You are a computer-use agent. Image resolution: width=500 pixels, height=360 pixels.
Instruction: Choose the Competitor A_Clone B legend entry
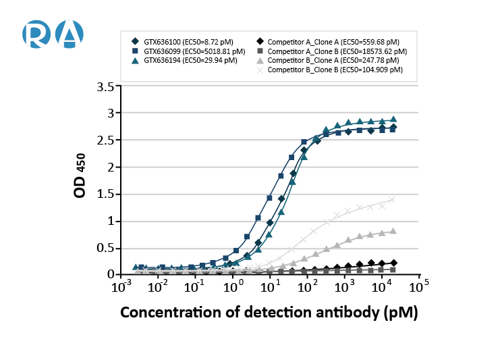[331, 51]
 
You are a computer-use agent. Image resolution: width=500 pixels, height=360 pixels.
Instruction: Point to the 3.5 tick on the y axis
[105, 86]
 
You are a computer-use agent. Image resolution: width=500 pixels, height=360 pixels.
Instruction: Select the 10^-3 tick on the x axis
[119, 287]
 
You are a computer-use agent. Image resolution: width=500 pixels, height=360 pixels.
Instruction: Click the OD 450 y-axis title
[80, 179]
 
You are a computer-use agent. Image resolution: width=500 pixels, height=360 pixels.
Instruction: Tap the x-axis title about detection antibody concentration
[269, 313]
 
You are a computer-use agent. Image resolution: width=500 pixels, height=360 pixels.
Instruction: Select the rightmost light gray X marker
[393, 199]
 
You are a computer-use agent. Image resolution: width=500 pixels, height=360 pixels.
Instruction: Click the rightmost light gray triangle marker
[393, 230]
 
